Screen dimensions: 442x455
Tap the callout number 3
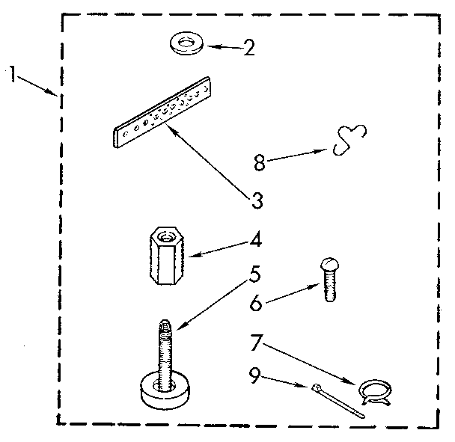pos(257,200)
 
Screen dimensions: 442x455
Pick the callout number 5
pos(254,274)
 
